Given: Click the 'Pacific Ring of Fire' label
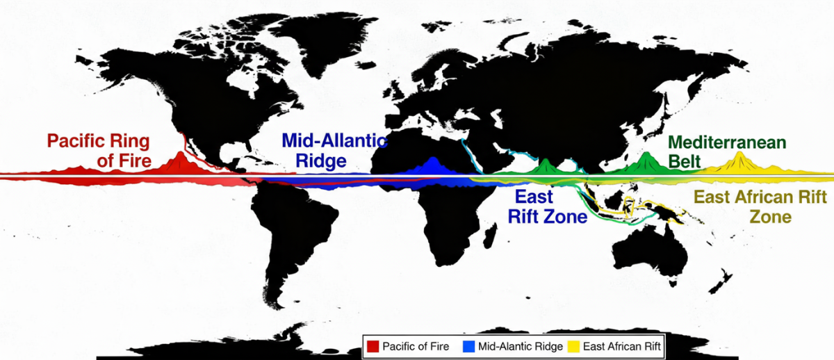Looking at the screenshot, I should point(98,150).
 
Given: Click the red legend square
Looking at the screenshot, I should point(372,346).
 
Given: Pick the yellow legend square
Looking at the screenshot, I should point(574,346).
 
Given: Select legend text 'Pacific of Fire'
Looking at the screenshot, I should point(416,346).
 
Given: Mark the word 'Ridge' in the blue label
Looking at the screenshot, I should point(321,161).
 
